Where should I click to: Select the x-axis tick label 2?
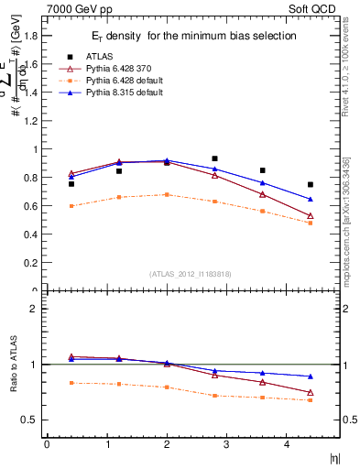click(166, 445)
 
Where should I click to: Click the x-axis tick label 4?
click(286, 445)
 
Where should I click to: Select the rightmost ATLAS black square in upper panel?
click(311, 184)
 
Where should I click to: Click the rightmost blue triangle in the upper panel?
click(311, 199)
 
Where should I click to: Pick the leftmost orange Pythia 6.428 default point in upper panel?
click(71, 206)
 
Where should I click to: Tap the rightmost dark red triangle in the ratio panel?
click(311, 393)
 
